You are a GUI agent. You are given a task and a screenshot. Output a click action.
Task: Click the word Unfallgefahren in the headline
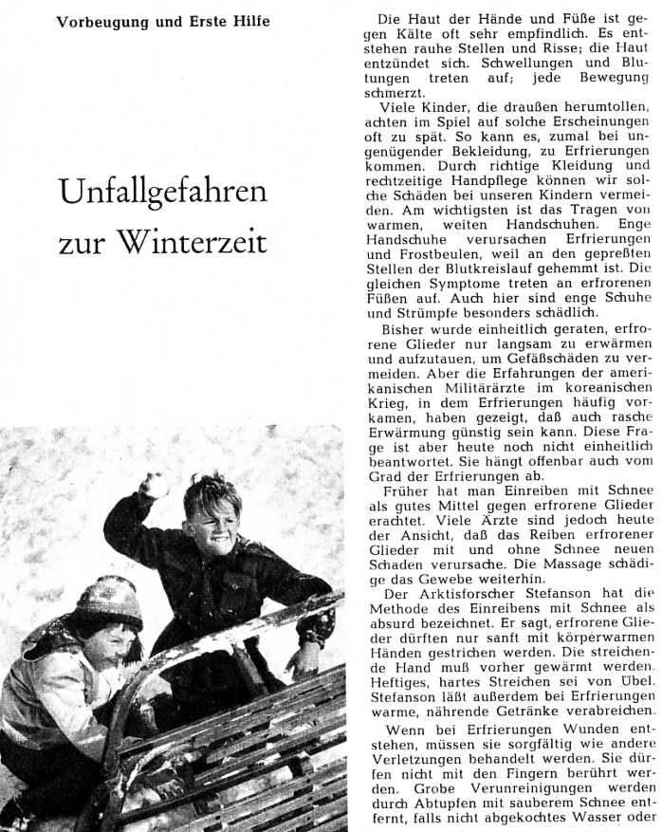(x=163, y=192)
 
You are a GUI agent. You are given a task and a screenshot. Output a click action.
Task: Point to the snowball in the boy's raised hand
(x=154, y=486)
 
